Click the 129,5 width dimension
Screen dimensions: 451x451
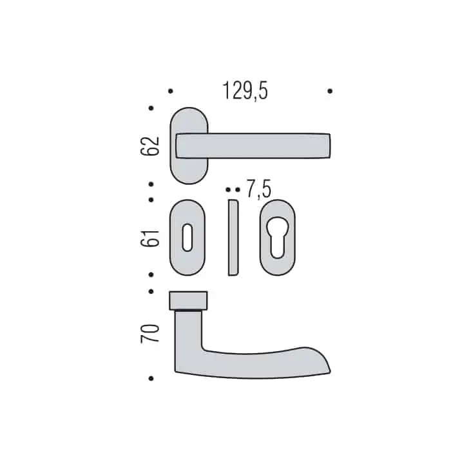[x=245, y=91]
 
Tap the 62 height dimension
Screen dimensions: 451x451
[x=149, y=146]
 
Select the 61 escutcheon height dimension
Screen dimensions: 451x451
[x=149, y=238]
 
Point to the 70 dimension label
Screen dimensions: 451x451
[x=149, y=333]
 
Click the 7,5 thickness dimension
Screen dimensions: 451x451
[x=259, y=189]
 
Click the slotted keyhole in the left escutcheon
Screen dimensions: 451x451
[x=187, y=237]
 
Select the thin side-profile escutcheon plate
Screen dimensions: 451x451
[x=233, y=237]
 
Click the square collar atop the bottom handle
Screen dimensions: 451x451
[x=188, y=301]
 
